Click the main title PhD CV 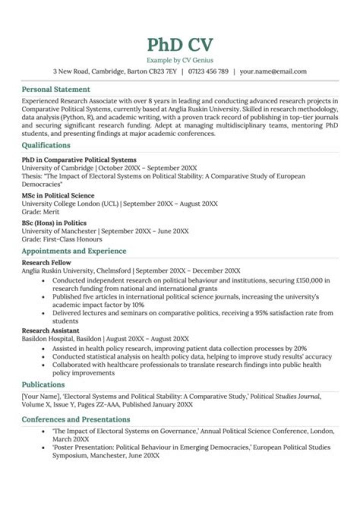click(180, 44)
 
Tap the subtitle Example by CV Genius click(180, 60)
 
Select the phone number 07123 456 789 click(208, 71)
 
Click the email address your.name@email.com click(273, 71)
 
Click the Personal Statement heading click(56, 89)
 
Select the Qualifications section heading click(46, 145)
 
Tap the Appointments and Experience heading click(74, 251)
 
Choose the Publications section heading click(43, 384)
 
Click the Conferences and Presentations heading click(75, 419)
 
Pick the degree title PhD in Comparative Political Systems click(79, 160)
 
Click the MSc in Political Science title click(58, 195)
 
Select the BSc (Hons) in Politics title click(54, 223)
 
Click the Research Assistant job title click(50, 330)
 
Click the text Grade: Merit click(40, 211)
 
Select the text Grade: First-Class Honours click(61, 239)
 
